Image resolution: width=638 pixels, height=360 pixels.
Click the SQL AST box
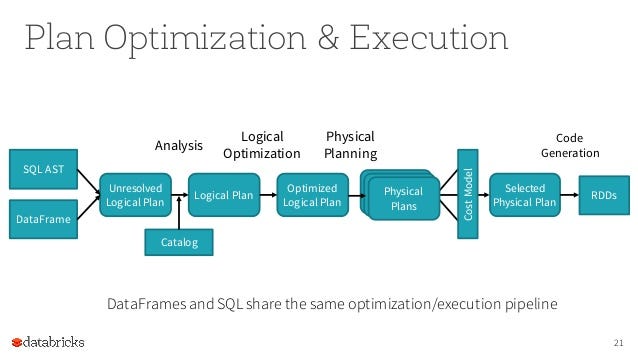click(43, 169)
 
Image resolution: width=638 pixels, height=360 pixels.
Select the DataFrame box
click(43, 219)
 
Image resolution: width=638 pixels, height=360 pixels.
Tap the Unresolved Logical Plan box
click(135, 195)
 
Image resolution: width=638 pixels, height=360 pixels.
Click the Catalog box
click(179, 242)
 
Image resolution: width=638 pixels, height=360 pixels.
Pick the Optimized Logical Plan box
click(312, 195)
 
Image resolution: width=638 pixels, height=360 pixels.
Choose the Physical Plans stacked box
click(403, 197)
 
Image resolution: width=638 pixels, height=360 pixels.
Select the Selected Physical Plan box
click(524, 195)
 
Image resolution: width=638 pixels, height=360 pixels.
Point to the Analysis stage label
click(179, 146)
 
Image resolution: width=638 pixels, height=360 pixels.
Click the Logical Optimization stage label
click(261, 145)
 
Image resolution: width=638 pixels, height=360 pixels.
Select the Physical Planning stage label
click(351, 145)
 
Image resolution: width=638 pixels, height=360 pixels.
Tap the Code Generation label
click(570, 145)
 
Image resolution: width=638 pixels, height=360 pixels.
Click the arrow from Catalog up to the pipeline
click(179, 215)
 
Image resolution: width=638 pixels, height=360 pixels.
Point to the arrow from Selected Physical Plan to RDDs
click(569, 195)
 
